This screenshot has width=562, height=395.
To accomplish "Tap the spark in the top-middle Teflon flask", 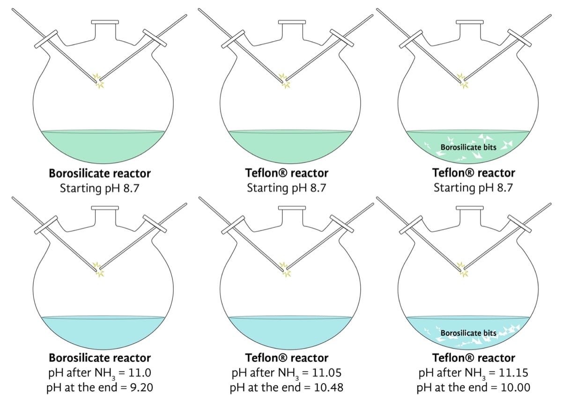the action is tap(285, 81).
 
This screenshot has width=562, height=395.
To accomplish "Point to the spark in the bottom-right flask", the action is tap(463, 270).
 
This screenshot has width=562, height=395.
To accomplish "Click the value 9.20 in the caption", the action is tap(141, 388).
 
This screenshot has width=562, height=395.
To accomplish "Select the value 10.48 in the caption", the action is tap(328, 388).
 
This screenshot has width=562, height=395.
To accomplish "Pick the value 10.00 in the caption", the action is tap(515, 388).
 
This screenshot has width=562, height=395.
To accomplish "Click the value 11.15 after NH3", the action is tap(513, 373).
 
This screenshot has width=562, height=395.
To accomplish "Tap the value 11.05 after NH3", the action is tap(327, 373).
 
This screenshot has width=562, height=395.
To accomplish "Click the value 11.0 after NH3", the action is tap(140, 373).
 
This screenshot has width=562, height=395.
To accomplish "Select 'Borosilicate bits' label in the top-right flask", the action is tap(468, 147).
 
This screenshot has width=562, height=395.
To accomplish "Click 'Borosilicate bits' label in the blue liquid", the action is tap(468, 333).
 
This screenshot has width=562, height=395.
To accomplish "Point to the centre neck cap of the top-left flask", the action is tap(105, 22).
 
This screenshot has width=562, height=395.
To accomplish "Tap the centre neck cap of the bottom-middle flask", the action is tap(292, 208).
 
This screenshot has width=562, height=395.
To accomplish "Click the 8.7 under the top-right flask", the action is tap(504, 188).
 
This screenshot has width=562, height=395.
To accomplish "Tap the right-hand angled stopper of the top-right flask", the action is tap(519, 38).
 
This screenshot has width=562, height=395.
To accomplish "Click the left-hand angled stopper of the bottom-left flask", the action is tap(46, 225).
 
